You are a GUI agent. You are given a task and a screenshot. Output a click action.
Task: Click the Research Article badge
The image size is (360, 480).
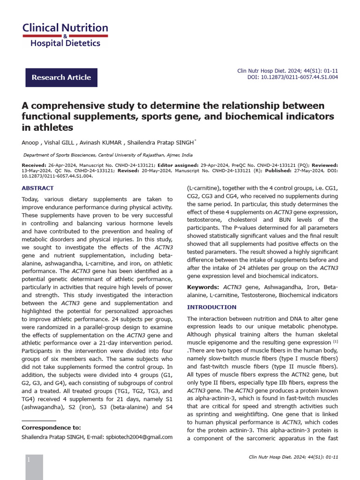pos(61,77)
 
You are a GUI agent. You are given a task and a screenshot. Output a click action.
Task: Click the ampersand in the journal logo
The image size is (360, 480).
pos(65,36)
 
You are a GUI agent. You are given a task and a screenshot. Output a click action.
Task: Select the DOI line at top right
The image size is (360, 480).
pos(292,78)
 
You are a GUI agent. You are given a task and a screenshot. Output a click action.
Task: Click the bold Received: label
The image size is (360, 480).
pos(34,165)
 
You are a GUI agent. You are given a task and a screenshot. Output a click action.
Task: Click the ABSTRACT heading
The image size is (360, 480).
pos(38,188)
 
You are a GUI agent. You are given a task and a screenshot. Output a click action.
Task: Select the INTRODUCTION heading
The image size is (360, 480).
pos(211,307)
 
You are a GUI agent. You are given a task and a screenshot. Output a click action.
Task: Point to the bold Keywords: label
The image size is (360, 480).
pos(203,287)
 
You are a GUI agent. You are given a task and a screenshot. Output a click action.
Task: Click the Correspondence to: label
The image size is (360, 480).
pos(51,427)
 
